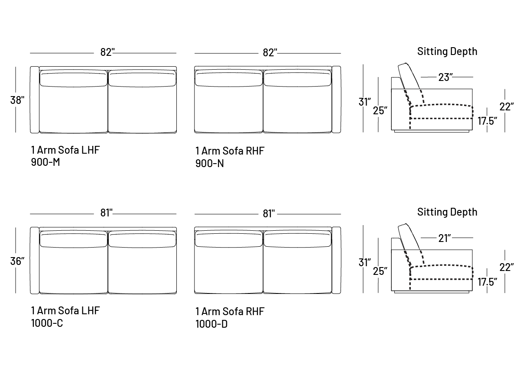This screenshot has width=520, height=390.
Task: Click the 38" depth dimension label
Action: tap(17, 100)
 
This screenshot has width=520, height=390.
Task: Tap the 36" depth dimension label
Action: tap(17, 261)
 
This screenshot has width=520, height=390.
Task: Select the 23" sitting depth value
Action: tap(445, 77)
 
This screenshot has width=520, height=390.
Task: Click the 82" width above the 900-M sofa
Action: tap(107, 52)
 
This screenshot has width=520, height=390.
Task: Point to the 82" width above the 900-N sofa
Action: tap(270, 52)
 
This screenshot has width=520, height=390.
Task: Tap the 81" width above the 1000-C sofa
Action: tap(107, 213)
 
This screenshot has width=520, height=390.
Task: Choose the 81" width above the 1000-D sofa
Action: tap(269, 213)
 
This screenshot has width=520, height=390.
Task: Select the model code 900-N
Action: tap(209, 164)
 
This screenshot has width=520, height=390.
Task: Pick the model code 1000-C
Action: tap(47, 323)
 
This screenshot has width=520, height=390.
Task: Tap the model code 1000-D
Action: tap(211, 324)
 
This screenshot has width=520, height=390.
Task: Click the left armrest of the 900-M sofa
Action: tap(35, 100)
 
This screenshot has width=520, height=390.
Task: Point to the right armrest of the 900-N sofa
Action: tap(336, 100)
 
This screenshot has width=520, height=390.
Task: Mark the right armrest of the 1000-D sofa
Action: tap(336, 260)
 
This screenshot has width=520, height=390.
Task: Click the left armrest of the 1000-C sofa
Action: tap(35, 260)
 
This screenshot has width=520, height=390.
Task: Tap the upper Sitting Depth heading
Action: tap(447, 52)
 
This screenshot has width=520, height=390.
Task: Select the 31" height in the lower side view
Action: tap(365, 262)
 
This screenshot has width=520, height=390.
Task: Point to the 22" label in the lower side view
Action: tap(507, 267)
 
